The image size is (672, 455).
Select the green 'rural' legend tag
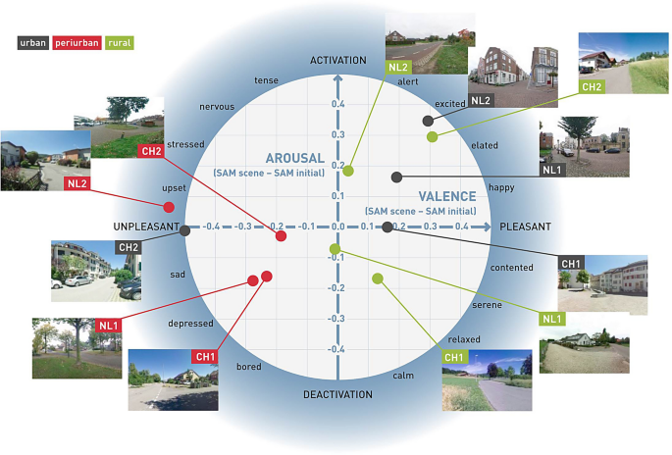pyautogui.click(x=121, y=43)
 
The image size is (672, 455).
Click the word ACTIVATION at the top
pyautogui.click(x=337, y=61)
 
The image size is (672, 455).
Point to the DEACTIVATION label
pyautogui.click(x=337, y=394)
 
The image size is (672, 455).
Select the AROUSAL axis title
pyautogui.click(x=294, y=158)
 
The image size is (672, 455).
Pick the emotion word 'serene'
pyautogui.click(x=487, y=305)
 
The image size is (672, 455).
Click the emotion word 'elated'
pyautogui.click(x=485, y=145)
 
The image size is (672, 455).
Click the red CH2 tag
pyautogui.click(x=151, y=151)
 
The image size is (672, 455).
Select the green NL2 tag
pyautogui.click(x=397, y=67)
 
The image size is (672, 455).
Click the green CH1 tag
pyautogui.click(x=454, y=357)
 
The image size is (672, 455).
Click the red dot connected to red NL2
pyautogui.click(x=169, y=207)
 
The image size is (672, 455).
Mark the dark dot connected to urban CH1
pyautogui.click(x=388, y=227)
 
